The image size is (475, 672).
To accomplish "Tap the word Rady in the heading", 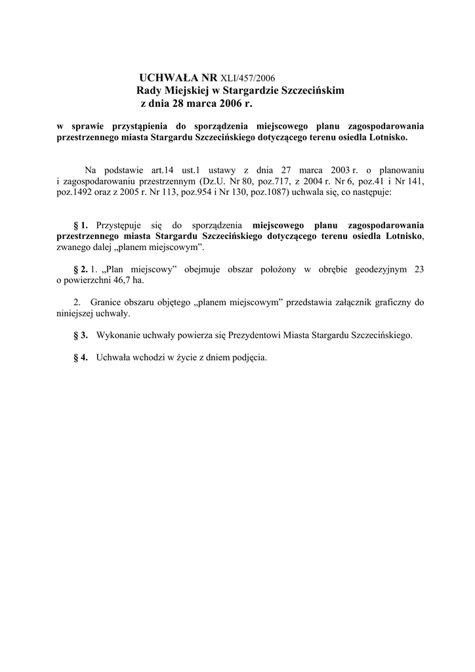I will pyautogui.click(x=148, y=91).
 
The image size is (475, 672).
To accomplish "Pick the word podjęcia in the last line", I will pyautogui.click(x=251, y=358).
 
